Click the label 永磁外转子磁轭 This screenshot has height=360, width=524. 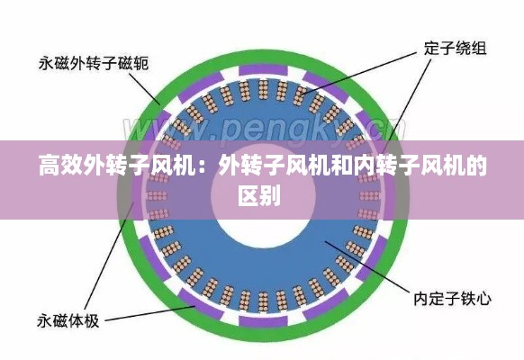click(94, 63)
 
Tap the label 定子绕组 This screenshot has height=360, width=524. click(456, 49)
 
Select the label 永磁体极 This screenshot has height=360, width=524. click(68, 321)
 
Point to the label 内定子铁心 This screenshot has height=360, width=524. click(453, 298)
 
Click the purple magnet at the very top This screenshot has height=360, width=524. click(263, 70)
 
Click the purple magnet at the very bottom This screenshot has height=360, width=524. click(263, 321)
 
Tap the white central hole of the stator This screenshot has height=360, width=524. click(263, 196)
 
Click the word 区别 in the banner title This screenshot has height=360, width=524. click(259, 195)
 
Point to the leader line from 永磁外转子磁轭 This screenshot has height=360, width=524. click(144, 89)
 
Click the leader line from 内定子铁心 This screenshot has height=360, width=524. click(366, 267)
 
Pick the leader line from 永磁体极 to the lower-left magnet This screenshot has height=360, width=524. click(150, 313)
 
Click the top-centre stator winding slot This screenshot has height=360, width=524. click(263, 89)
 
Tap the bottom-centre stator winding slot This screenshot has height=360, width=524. click(263, 301)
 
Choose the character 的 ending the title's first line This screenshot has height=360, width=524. click(476, 165)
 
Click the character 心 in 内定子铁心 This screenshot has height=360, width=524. click(483, 298)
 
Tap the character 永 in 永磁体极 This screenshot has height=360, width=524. click(44, 321)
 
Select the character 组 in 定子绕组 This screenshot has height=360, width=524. click(479, 49)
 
